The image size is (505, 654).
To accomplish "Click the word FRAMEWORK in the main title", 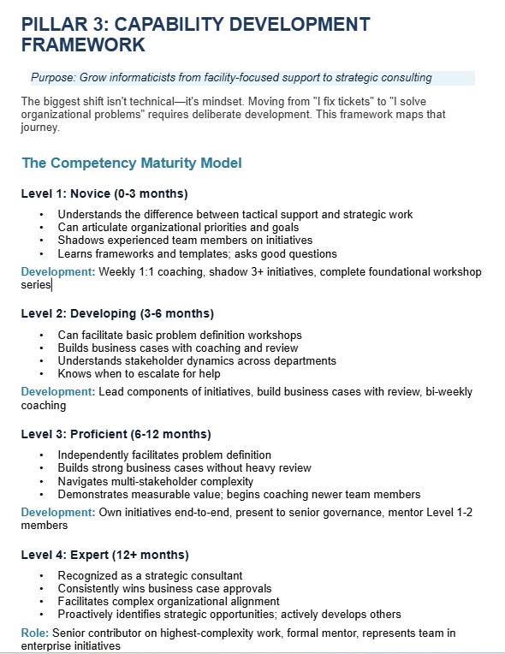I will pos(83,44).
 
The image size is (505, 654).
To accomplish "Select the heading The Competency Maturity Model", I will pos(131,162).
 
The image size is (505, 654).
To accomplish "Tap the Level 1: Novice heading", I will pos(104,193).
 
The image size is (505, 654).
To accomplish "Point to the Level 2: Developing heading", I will pos(117,312).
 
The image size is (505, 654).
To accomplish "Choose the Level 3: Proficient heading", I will pos(116,433).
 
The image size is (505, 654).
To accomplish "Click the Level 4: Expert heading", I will pos(104,554).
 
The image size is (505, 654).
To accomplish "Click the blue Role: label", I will pos(35,633).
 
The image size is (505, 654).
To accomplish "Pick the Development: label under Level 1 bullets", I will pos(58,272).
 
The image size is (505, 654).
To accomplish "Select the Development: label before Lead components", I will pos(58,392).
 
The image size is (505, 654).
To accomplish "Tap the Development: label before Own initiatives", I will pos(58,512).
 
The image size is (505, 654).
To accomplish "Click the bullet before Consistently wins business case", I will pos(42,589).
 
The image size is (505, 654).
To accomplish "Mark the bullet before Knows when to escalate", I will pos(42,373).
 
